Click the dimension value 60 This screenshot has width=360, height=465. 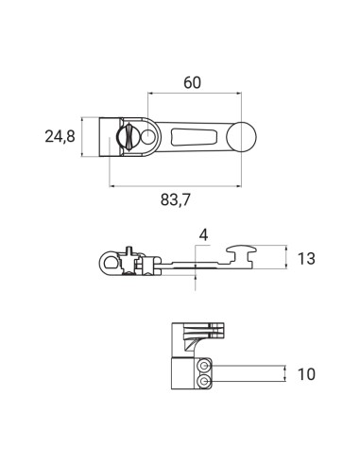[192, 82]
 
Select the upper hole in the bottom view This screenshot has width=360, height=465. [205, 366]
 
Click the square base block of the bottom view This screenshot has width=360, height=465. [184, 373]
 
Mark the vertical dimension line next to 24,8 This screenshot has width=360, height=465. [84, 137]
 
